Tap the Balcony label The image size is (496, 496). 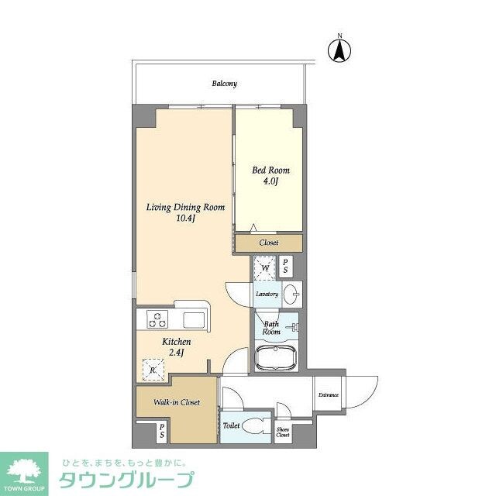[225, 84]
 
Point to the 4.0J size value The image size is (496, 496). [270, 182]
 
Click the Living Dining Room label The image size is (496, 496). [187, 208]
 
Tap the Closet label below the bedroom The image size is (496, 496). [268, 243]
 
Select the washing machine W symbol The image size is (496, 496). [265, 269]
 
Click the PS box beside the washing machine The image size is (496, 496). [286, 267]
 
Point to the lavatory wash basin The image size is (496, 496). [291, 294]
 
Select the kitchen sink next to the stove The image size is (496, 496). [194, 319]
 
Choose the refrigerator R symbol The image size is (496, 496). [153, 370]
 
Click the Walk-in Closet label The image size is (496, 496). [176, 402]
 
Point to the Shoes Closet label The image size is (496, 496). [284, 432]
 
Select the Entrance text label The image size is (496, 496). [328, 395]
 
